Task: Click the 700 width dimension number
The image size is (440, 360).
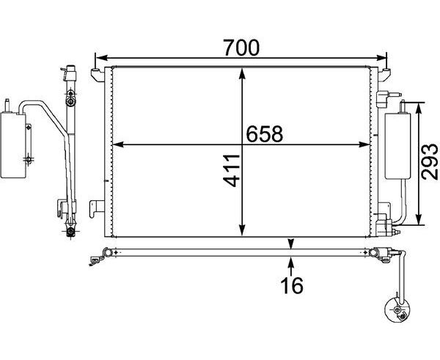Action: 241,48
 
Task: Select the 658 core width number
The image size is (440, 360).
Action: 264,134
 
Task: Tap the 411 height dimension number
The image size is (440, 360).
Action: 232,170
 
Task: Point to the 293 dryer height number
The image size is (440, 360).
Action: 429,161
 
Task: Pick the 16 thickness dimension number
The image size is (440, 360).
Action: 292,285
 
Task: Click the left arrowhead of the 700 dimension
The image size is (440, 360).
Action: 102,58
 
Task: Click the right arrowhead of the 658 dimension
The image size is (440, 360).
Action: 364,144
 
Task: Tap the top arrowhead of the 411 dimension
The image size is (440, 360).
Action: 242,73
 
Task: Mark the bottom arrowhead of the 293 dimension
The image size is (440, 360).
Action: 418,219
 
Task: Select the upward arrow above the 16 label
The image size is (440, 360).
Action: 291,267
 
